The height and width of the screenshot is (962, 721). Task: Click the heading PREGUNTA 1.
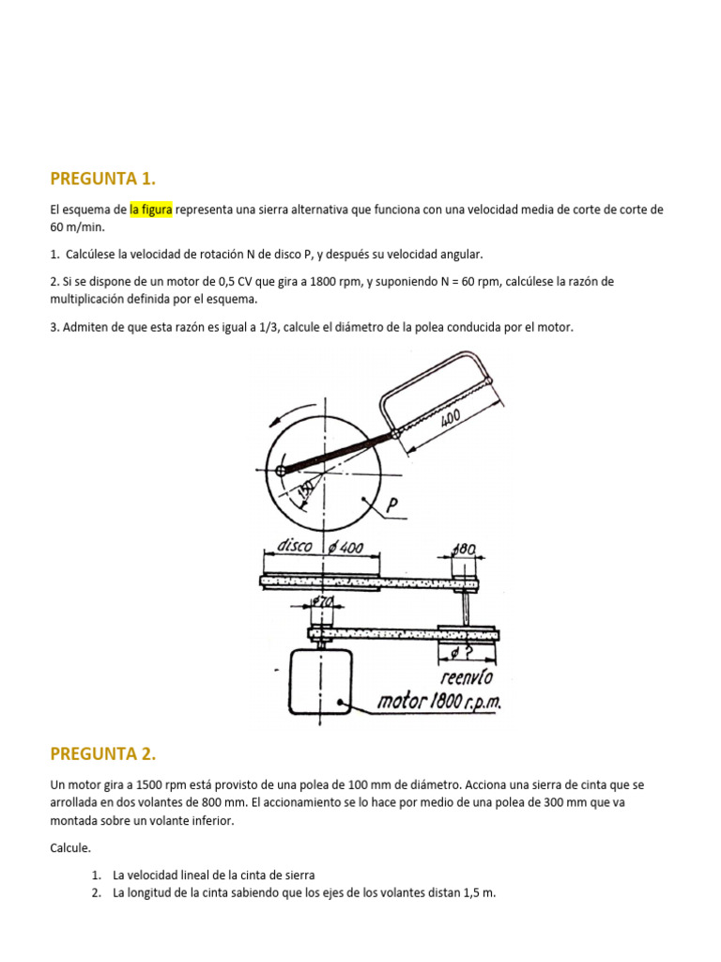pos(102,179)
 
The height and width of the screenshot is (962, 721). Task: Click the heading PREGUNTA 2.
pos(102,753)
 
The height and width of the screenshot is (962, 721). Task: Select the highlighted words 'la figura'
pos(150,210)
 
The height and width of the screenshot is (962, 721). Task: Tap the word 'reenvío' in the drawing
pos(466,677)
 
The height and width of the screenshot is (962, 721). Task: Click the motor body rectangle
pos(320,682)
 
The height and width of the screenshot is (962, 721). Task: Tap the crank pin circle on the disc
pos(280,471)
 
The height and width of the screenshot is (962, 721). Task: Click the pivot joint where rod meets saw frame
pos(395,433)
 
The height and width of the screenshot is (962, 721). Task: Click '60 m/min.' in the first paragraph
pos(78,227)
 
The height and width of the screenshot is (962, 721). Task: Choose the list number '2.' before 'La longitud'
pos(97,892)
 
